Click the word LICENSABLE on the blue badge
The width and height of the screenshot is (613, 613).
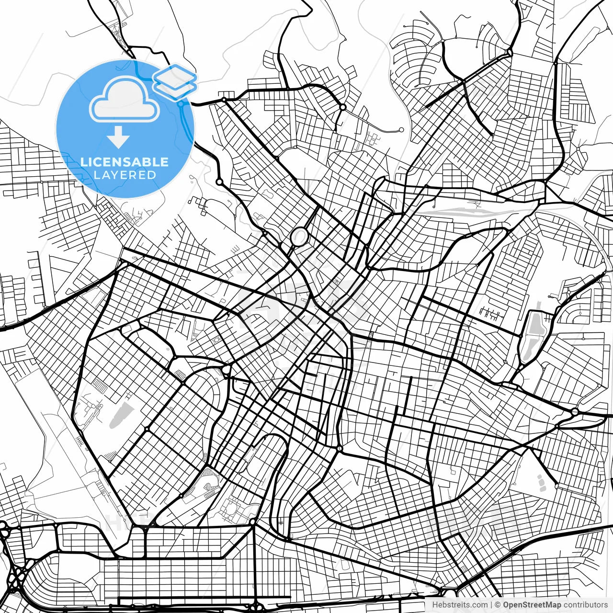(125, 162)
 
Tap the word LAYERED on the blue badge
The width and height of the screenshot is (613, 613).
(125, 175)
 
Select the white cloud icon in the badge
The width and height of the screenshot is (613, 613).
(124, 100)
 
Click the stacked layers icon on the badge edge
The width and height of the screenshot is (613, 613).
(175, 80)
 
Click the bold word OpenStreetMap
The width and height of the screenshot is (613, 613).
(532, 605)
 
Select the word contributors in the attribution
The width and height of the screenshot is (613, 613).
(585, 605)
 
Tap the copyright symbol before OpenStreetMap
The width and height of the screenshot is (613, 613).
(498, 605)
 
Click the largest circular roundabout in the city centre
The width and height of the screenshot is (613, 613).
(299, 237)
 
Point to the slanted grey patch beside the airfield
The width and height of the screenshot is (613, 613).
(119, 415)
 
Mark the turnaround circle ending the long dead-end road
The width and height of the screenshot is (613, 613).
(401, 130)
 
